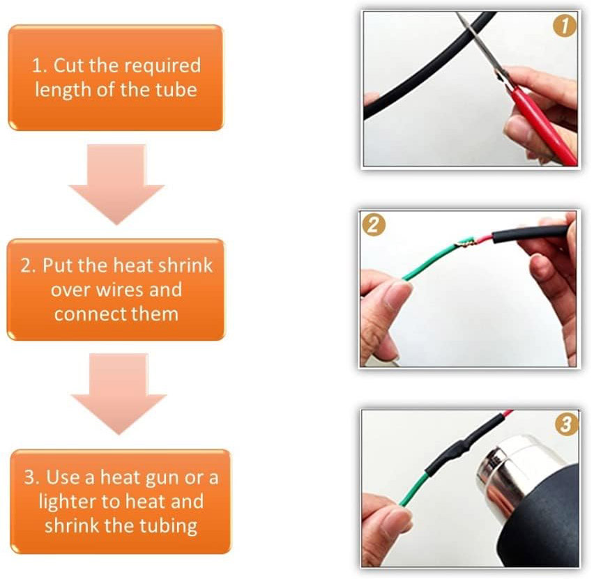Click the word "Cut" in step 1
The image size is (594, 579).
pos(69,65)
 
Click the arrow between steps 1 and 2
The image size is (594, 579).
pos(116,184)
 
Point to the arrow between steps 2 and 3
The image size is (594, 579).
pos(119,394)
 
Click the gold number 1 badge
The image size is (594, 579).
pos(565,26)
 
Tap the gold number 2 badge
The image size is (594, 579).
pos(374,225)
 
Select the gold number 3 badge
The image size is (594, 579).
pos(567,424)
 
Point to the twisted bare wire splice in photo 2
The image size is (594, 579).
pos(465,242)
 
